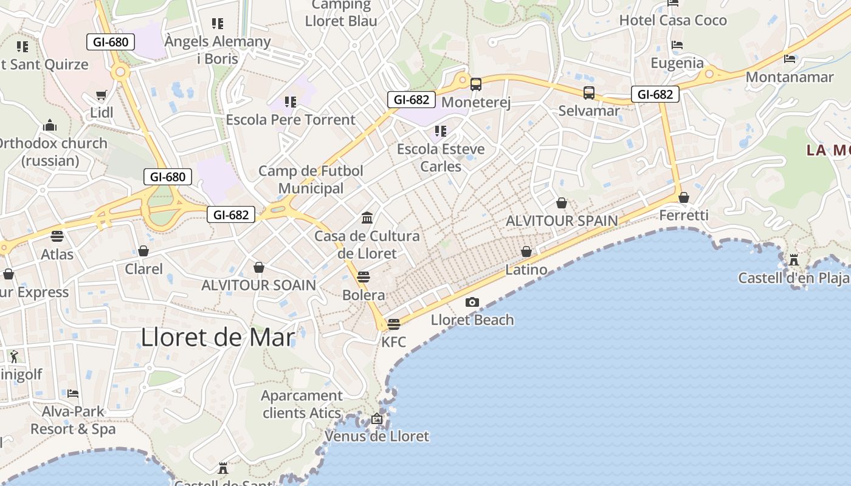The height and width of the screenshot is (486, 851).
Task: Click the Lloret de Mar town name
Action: (x=218, y=338)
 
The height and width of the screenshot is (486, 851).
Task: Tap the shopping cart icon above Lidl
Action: (x=102, y=96)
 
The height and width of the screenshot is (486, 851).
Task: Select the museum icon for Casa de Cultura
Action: (x=367, y=217)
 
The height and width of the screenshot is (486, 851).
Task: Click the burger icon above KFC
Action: (x=393, y=324)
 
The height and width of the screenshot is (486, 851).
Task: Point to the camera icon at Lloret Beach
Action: (x=472, y=302)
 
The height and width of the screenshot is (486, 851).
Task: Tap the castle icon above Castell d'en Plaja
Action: (x=793, y=260)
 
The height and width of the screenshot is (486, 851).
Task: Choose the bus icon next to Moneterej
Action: (x=475, y=84)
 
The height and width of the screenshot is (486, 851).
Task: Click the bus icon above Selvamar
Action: (x=588, y=93)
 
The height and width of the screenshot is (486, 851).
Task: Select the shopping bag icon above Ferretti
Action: (x=684, y=197)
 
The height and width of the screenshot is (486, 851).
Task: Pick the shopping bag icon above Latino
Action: (x=526, y=252)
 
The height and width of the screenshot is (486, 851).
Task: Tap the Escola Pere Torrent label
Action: (x=291, y=120)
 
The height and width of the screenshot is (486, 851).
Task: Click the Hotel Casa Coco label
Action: (x=673, y=20)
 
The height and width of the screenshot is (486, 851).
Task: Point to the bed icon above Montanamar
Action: (x=790, y=59)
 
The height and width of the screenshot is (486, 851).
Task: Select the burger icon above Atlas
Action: (x=57, y=236)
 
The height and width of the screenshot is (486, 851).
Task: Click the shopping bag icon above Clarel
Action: (x=143, y=251)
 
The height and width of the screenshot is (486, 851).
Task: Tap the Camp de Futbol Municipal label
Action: (x=311, y=179)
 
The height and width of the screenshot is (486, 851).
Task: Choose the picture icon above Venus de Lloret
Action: (x=377, y=419)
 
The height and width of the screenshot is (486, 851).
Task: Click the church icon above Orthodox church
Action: (x=50, y=126)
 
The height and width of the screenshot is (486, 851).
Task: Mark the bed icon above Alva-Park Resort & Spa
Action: (x=73, y=394)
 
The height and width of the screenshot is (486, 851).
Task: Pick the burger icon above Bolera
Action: (x=363, y=277)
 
